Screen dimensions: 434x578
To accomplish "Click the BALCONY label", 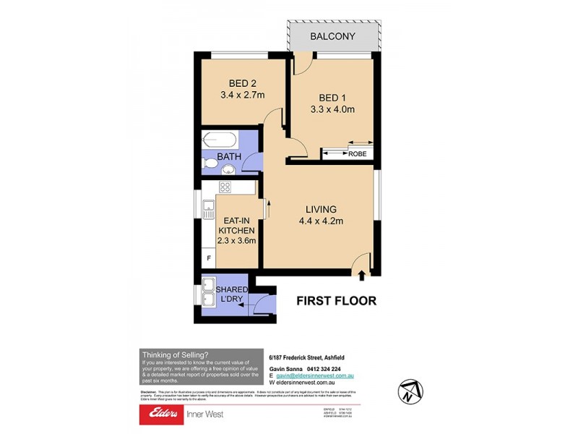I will (x=332, y=36).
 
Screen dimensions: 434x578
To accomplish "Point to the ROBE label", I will (x=358, y=153).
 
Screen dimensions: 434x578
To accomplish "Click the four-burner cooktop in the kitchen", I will (x=225, y=187).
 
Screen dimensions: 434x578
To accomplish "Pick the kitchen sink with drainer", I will (x=208, y=208).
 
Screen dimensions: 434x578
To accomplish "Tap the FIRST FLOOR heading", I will (x=337, y=300).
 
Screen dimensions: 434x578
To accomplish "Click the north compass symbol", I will (x=408, y=391).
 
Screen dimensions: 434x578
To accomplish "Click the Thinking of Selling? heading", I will (x=175, y=354).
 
